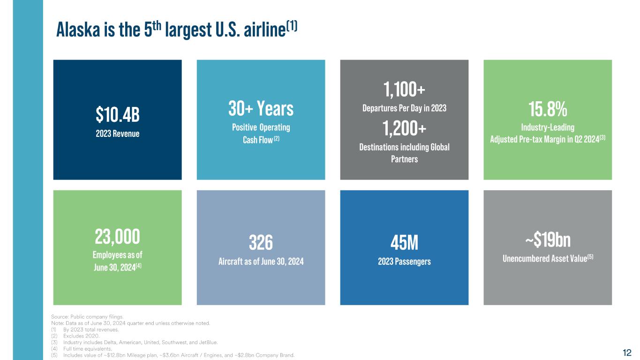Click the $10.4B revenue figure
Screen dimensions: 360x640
click(x=117, y=113)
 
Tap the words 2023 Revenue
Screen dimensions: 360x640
click(x=118, y=133)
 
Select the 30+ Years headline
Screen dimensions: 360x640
click(x=261, y=109)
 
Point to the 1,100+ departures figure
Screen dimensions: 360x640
click(x=404, y=88)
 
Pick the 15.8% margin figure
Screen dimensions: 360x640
click(x=548, y=109)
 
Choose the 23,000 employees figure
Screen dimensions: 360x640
click(x=118, y=237)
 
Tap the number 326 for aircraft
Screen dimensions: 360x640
click(x=261, y=243)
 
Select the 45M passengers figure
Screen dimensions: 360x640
click(x=404, y=243)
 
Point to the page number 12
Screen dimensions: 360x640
click(x=627, y=352)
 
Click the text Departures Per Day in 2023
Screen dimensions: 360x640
click(x=404, y=108)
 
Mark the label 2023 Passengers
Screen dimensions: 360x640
click(x=404, y=262)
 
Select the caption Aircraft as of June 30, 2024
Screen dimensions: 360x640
click(x=261, y=262)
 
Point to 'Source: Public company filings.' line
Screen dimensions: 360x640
click(x=87, y=317)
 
